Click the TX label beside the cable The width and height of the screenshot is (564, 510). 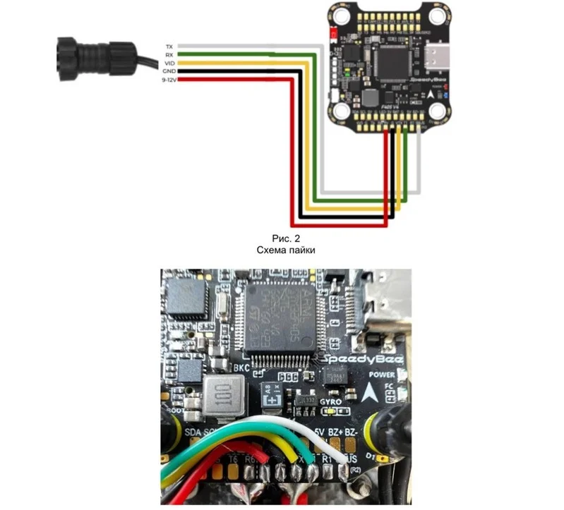point(169,46)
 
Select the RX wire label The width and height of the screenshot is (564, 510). point(169,54)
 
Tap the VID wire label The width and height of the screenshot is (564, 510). point(169,63)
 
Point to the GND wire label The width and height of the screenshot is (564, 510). point(168,71)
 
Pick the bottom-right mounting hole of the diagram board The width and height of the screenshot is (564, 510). point(438,111)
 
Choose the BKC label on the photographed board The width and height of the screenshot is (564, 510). point(241,369)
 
